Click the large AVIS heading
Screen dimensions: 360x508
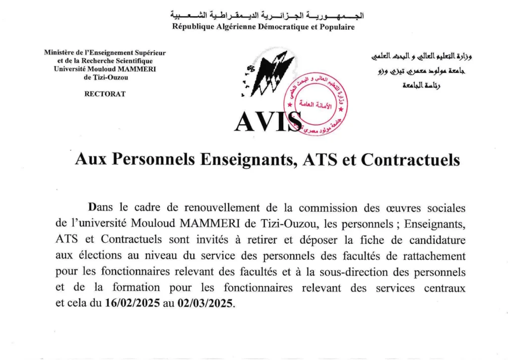coord(268,121)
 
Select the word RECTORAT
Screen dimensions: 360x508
coord(105,94)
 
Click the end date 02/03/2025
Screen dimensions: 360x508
coord(204,304)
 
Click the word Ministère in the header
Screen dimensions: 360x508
coord(62,53)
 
